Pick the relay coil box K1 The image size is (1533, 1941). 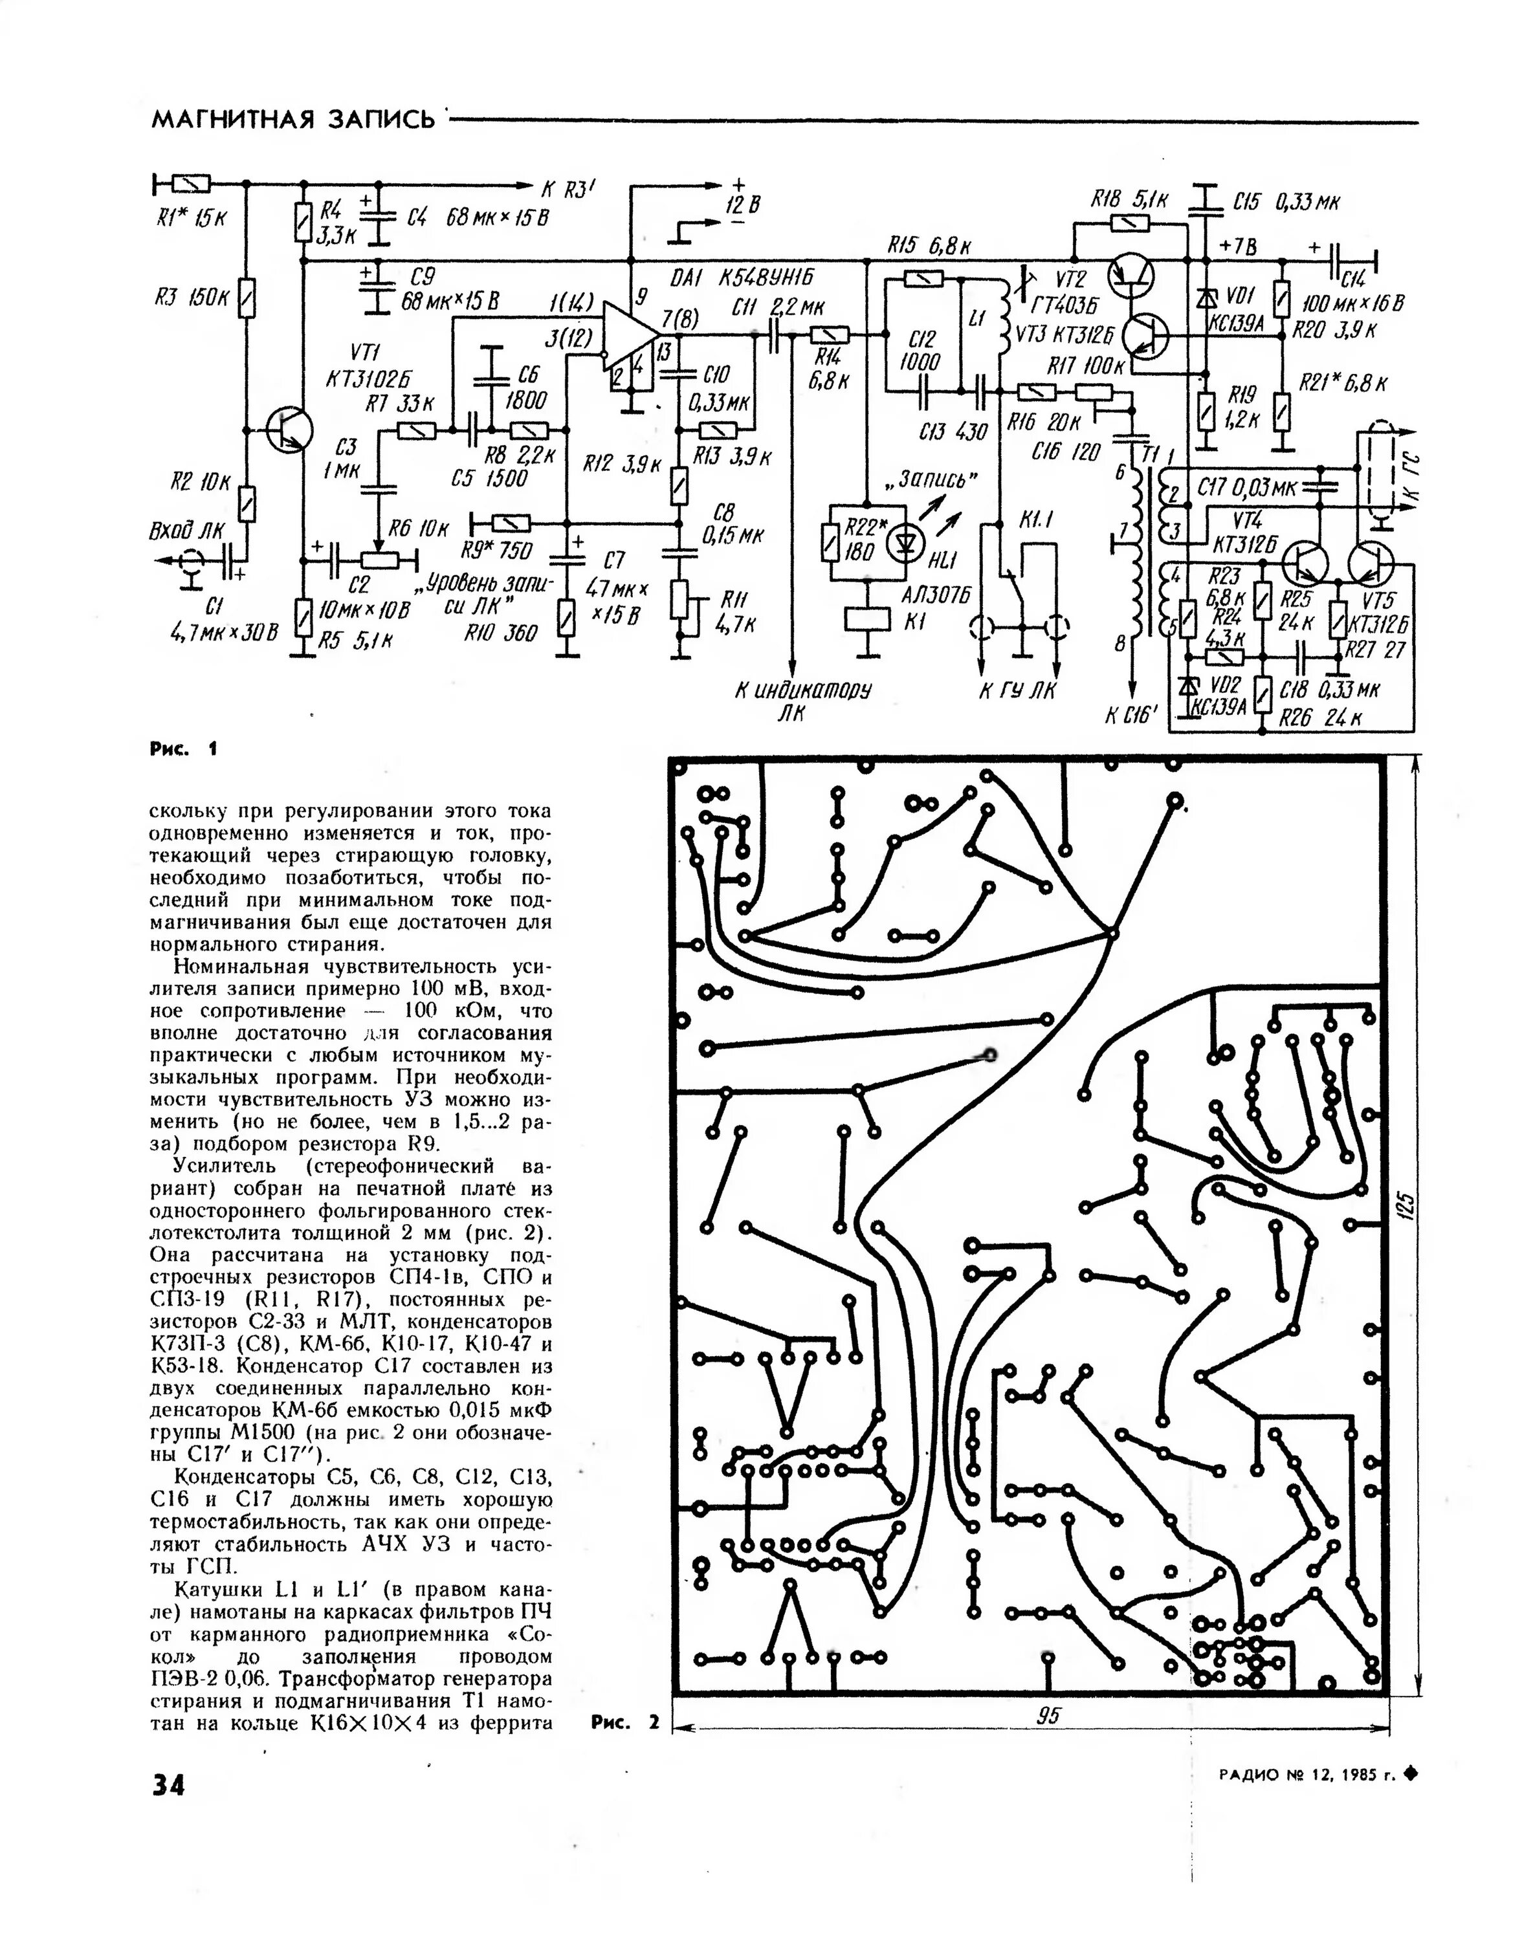[868, 620]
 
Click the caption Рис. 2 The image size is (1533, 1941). [624, 1722]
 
